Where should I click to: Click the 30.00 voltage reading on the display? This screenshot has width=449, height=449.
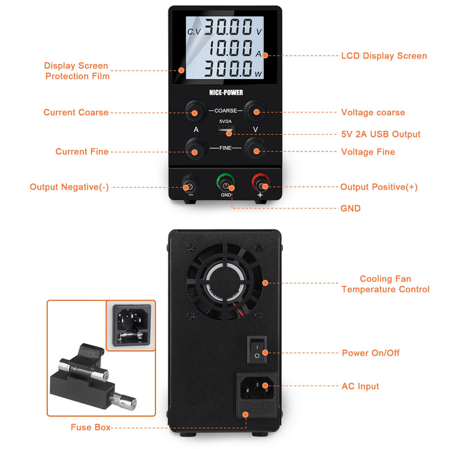(229, 28)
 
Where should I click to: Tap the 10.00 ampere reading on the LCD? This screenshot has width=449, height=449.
(230, 48)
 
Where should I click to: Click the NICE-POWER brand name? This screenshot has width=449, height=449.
(225, 92)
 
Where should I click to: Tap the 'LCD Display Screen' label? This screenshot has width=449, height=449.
(384, 56)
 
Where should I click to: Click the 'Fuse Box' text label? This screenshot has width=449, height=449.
(90, 427)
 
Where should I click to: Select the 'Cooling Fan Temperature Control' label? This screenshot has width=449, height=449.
(386, 284)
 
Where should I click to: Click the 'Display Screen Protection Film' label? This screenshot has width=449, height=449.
(77, 71)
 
